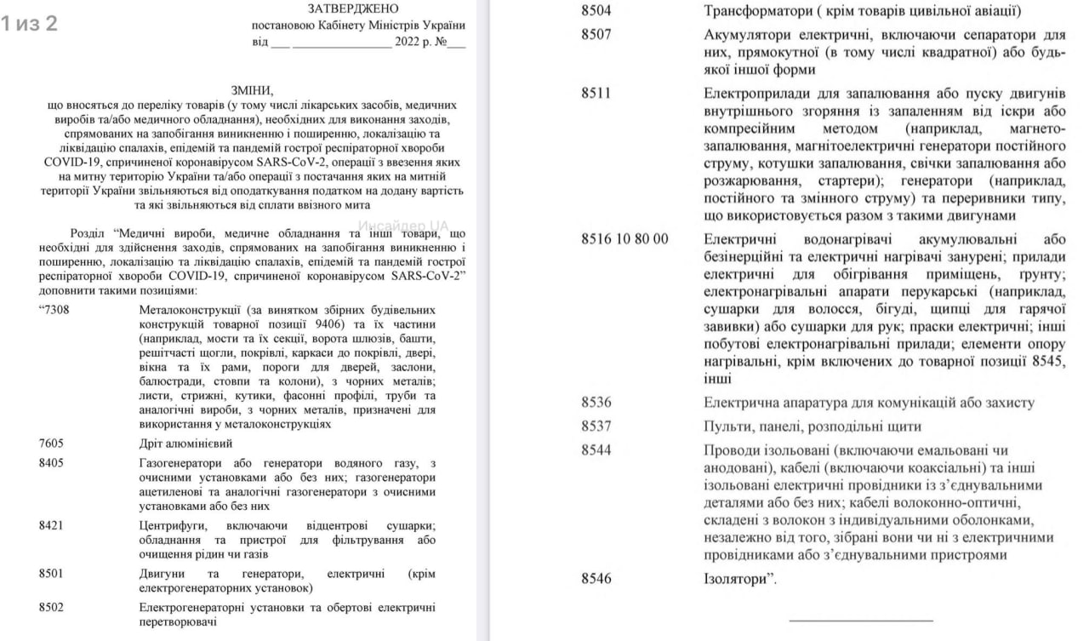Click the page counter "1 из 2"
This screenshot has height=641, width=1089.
pyautogui.click(x=30, y=24)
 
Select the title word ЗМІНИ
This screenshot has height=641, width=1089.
pyautogui.click(x=253, y=89)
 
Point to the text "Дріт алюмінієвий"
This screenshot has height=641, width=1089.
pyautogui.click(x=185, y=444)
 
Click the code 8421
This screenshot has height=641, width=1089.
pyautogui.click(x=51, y=525)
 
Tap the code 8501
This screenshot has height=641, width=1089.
pyautogui.click(x=51, y=573)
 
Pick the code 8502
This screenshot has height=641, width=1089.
pyautogui.click(x=51, y=607)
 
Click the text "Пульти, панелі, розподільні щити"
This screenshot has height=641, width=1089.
pyautogui.click(x=812, y=426)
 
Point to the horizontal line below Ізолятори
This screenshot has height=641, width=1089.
pyautogui.click(x=860, y=620)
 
